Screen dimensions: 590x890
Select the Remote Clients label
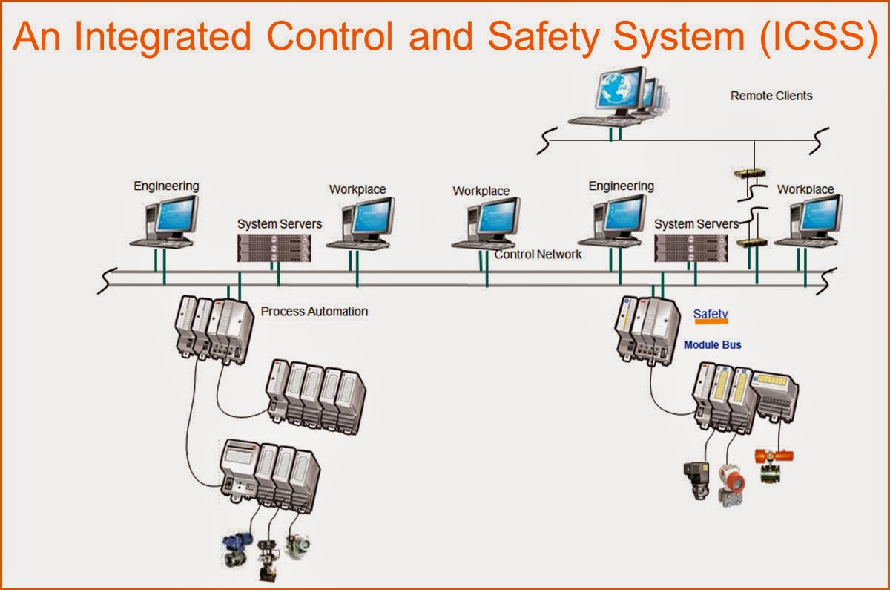click(771, 96)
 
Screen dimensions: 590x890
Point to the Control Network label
click(538, 255)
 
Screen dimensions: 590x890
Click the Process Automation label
click(314, 311)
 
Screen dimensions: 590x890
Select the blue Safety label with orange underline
click(711, 315)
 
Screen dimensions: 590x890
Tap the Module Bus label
click(712, 345)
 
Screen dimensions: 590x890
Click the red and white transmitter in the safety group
click(734, 484)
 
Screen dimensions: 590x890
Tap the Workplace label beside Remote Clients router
click(805, 189)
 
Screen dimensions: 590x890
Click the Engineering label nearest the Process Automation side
click(166, 186)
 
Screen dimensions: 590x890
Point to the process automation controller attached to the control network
click(214, 327)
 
